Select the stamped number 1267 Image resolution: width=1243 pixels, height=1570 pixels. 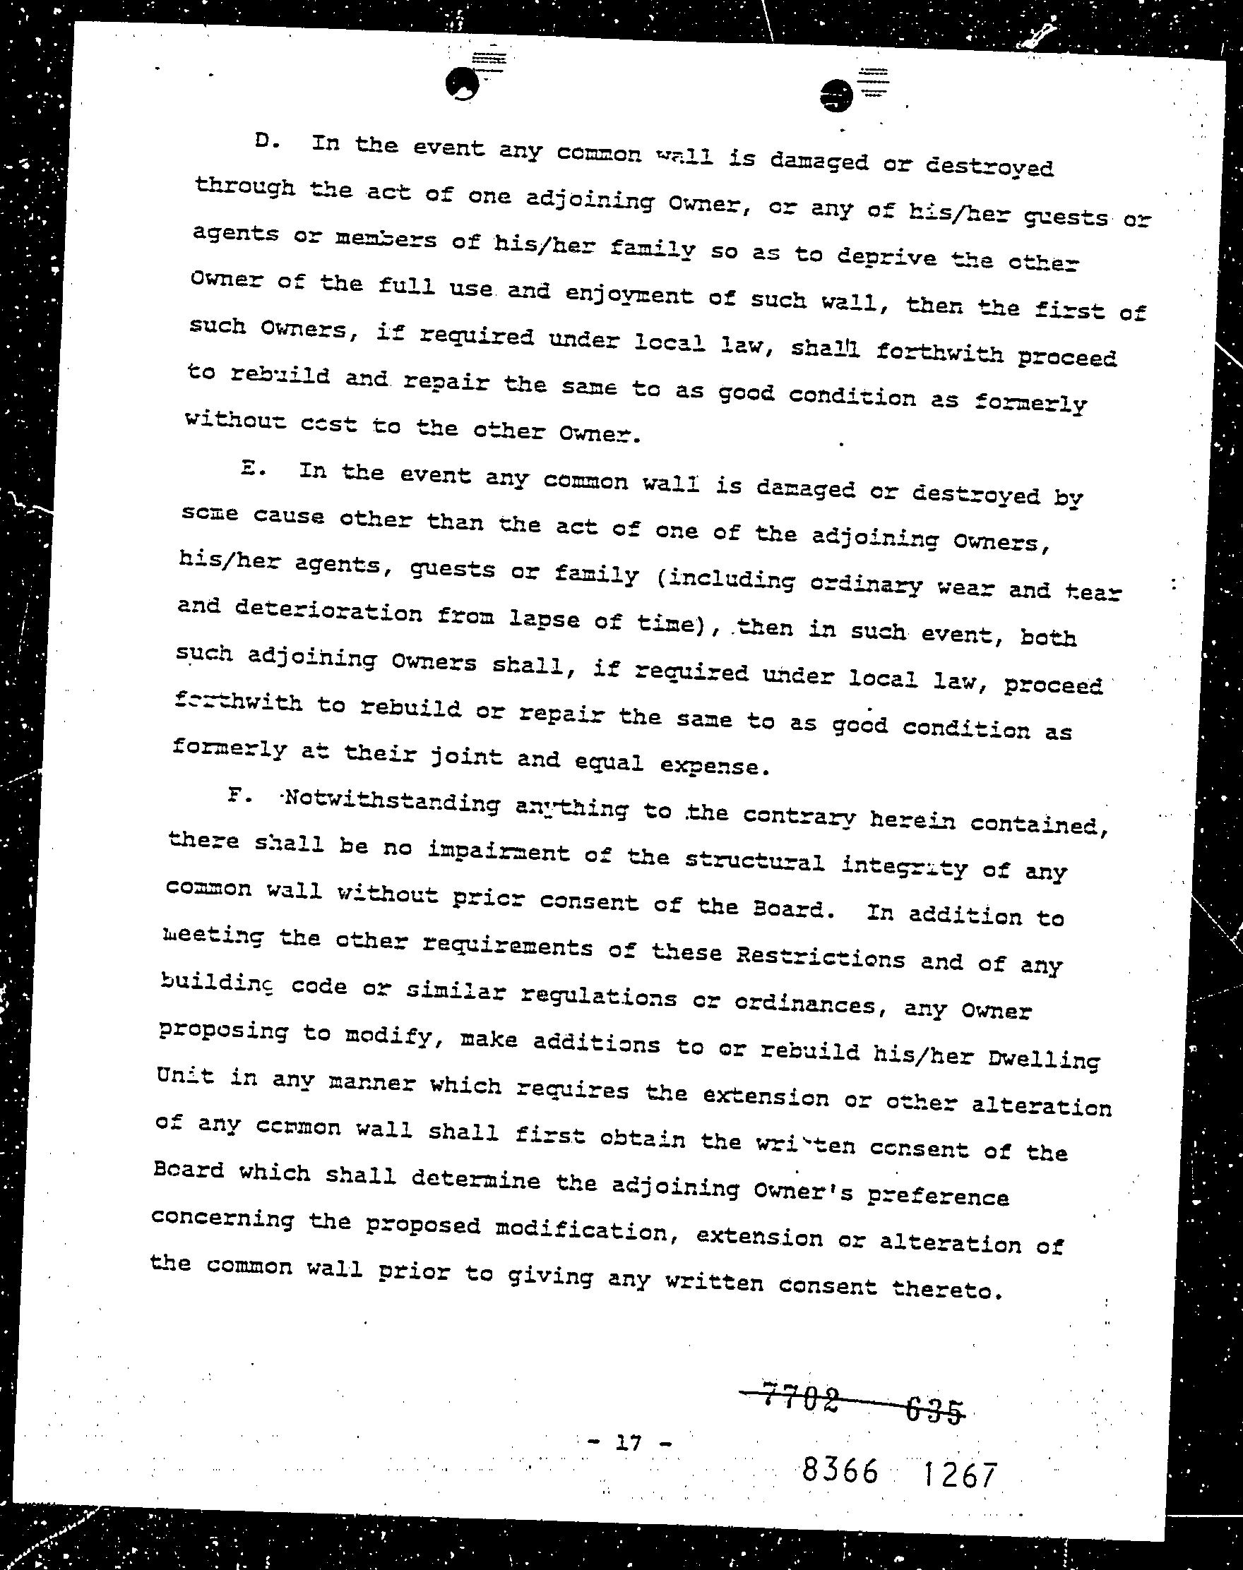click(x=958, y=1474)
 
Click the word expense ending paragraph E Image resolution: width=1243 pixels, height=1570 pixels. click(x=713, y=765)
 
